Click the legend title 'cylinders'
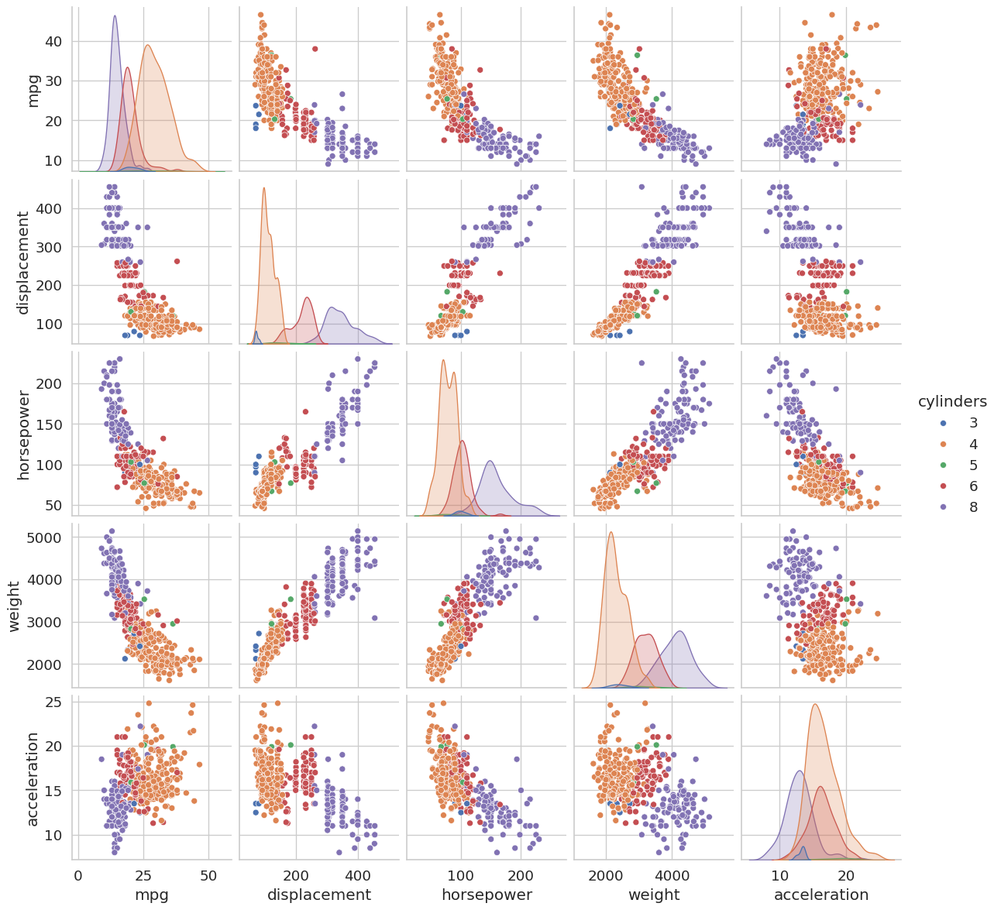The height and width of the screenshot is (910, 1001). point(952,402)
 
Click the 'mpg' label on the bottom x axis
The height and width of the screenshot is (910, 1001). point(153,895)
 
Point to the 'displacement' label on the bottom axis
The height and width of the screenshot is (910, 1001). point(319,895)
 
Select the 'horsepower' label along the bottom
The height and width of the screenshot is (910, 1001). point(487,895)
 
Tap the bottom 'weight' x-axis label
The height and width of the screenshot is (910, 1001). point(654,895)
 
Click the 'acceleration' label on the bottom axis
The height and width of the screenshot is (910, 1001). point(821,895)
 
